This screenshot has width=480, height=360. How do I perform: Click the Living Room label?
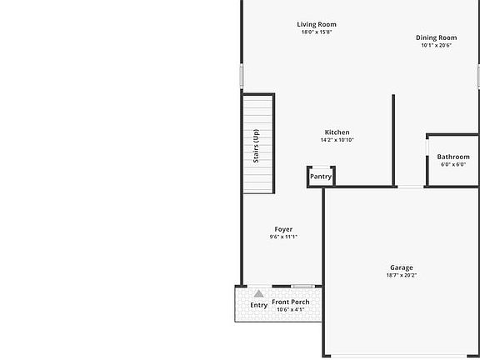317,24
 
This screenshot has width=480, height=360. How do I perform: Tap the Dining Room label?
437,37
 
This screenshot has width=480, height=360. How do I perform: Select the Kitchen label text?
337,132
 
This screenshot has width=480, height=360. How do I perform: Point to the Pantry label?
321,177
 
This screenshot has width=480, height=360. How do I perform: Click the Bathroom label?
453,157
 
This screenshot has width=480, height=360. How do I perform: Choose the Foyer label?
283,229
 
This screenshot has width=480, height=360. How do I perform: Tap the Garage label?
401,267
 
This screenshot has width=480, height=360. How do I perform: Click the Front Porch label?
291,302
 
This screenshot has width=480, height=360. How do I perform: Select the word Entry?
259,305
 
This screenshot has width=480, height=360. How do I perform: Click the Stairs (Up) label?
257,143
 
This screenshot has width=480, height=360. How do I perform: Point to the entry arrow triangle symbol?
259,294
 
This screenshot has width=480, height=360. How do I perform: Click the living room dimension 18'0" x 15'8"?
317,32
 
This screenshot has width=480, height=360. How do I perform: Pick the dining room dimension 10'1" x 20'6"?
437,46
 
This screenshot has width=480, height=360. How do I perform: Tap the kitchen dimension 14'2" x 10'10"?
337,140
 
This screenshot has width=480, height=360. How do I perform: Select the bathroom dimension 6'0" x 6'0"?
453,164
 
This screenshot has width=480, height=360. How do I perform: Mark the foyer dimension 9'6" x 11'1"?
283,237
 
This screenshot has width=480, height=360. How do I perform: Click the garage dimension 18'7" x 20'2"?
401,275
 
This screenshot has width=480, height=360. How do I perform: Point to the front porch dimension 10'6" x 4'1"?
291,309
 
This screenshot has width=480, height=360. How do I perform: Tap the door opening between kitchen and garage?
410,187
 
